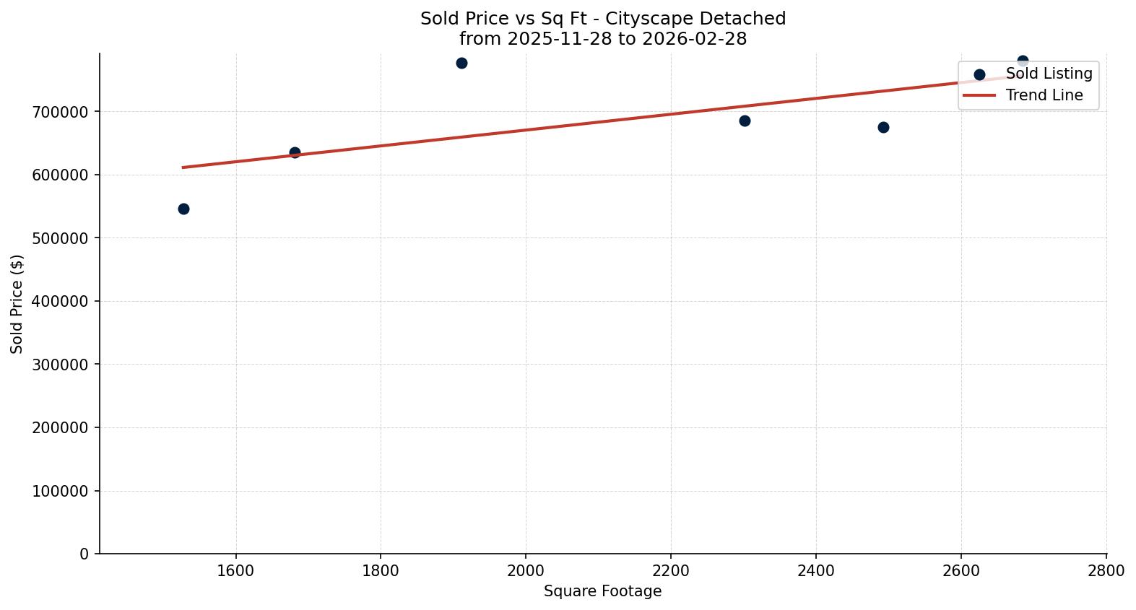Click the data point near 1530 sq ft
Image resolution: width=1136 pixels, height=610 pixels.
183,209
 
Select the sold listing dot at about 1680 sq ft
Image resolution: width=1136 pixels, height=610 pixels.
295,152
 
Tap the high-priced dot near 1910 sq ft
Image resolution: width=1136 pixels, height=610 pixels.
461,63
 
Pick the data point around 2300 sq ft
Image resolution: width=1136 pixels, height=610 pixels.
745,121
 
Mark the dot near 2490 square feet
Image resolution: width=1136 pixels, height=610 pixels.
883,127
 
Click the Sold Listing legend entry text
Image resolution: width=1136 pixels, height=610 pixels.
1049,74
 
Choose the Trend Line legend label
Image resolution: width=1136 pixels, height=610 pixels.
1044,95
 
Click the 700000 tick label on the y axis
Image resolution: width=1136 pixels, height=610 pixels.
61,112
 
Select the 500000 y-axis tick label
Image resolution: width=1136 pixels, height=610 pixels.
61,238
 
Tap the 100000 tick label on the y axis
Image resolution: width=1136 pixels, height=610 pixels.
61,491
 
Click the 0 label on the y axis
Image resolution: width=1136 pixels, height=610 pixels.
84,554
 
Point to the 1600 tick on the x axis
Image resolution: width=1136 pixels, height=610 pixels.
235,570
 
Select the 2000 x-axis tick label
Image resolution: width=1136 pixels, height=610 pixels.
526,570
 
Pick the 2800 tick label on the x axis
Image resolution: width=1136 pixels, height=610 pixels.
1106,570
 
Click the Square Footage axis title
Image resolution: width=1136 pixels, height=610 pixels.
602,591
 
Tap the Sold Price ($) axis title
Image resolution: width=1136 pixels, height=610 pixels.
17,304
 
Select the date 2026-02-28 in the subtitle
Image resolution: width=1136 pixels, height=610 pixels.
694,39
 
